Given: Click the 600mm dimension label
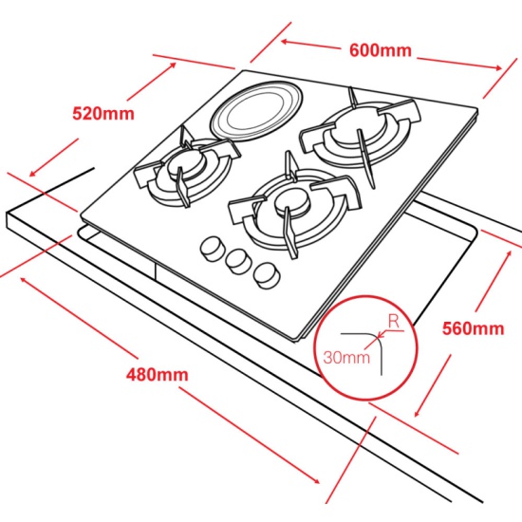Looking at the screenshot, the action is (381, 50).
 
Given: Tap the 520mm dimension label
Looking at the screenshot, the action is (103, 114).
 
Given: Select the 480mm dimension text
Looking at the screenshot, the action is (158, 375).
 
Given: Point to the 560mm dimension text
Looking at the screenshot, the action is (473, 328).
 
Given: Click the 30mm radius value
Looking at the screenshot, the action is (346, 358).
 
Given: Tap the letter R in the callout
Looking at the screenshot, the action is (394, 322).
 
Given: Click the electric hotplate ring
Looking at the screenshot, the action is (257, 111).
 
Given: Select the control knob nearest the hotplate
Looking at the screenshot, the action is (212, 249).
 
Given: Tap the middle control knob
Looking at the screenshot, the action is (237, 261).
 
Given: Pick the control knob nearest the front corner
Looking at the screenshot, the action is (266, 275).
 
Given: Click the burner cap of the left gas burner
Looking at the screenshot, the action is (185, 163).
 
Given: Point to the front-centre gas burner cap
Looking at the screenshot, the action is (292, 202).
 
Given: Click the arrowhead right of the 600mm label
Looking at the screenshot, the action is (498, 68).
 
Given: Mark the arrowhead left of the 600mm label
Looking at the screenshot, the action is (285, 41).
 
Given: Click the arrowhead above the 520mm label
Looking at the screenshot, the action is (173, 65).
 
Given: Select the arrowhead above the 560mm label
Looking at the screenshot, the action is (509, 253).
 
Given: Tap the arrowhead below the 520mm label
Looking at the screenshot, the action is (33, 173).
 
